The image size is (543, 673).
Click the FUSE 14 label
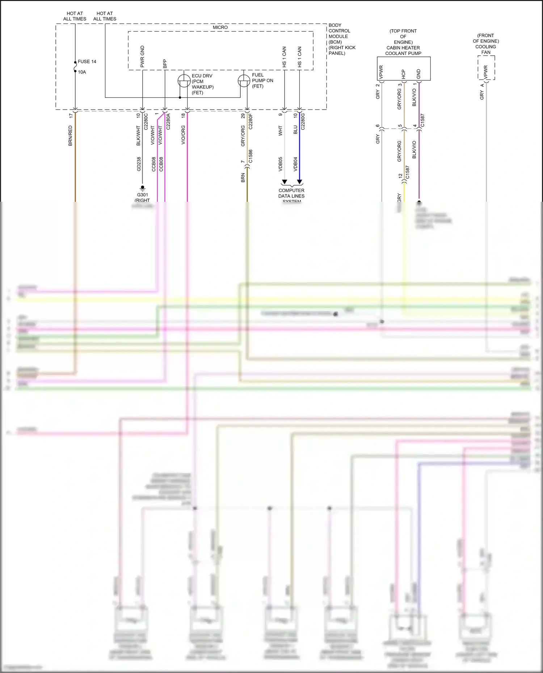tap(87, 61)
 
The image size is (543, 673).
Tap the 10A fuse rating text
tap(82, 72)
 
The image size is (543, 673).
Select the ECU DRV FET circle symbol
tap(184, 81)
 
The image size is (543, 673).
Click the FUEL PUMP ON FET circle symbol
tap(244, 81)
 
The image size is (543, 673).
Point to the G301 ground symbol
tap(142, 188)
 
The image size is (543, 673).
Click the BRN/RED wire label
tap(70, 136)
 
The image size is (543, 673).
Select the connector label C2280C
tap(146, 122)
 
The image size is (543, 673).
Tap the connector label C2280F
tap(251, 122)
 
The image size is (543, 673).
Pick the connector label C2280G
tap(303, 122)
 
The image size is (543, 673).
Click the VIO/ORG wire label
tap(183, 135)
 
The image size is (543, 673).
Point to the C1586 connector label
tap(251, 156)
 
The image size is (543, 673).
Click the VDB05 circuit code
tap(281, 164)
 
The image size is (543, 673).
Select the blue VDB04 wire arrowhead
tap(299, 182)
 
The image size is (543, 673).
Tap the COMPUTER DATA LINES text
tap(291, 193)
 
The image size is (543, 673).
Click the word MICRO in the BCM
tap(220, 27)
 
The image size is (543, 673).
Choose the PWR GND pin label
tap(142, 56)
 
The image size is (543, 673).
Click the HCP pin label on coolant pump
tap(404, 74)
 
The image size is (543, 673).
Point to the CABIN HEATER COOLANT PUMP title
tap(403, 50)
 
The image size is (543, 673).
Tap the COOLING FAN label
tap(486, 50)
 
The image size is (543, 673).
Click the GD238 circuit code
tap(139, 164)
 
